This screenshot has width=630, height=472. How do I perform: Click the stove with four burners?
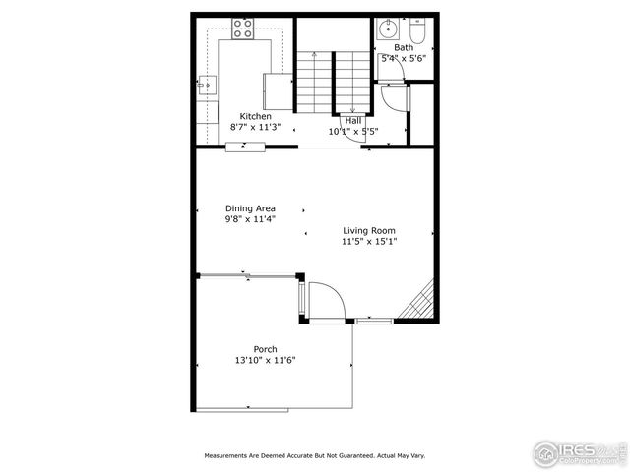(242, 29)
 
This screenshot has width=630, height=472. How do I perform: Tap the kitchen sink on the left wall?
(206, 87)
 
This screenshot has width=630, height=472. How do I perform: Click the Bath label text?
(404, 47)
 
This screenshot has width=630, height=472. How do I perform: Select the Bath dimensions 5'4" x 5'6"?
(404, 58)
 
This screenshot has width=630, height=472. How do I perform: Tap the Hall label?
(352, 120)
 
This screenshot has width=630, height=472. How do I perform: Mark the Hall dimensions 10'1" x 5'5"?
(352, 131)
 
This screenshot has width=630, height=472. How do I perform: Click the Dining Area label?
(250, 208)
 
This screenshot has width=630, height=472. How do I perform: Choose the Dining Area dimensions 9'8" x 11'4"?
(250, 219)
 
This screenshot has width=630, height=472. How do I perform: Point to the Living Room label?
(369, 231)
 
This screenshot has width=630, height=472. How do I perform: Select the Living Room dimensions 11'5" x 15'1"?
(369, 242)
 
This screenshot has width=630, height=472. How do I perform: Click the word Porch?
(265, 349)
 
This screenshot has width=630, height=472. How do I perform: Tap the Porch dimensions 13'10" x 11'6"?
(265, 360)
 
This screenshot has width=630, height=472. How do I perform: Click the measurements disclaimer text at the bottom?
(315, 456)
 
